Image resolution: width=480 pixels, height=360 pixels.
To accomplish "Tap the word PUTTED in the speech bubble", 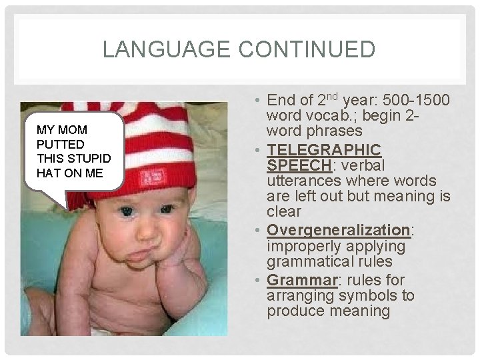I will point(61,144).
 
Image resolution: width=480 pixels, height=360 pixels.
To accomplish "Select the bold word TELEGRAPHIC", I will point(324,149).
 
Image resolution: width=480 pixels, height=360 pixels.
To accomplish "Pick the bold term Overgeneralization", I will point(339,230).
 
